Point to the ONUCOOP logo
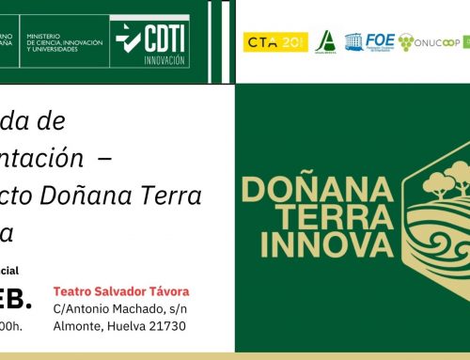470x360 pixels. tap(432, 41)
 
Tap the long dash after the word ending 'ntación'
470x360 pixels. tap(105, 160)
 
